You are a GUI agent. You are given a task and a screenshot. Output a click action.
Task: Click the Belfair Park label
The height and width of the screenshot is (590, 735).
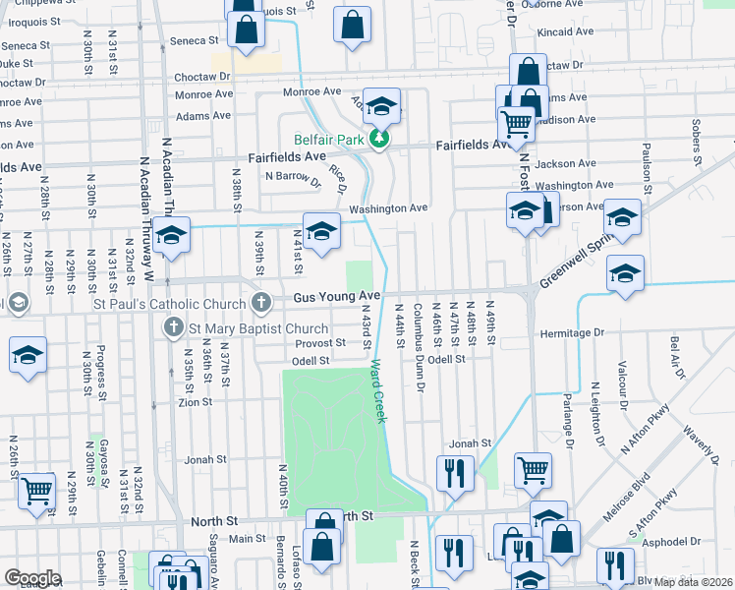pyautogui.click(x=329, y=141)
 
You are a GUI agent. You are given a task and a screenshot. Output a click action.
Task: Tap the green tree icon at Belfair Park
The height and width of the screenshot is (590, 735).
pyautogui.click(x=378, y=141)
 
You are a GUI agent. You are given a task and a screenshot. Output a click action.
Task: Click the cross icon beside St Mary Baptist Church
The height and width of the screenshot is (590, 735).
pyautogui.click(x=174, y=327)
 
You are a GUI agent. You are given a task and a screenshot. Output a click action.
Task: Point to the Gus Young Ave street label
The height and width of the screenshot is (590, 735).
pyautogui.click(x=334, y=296)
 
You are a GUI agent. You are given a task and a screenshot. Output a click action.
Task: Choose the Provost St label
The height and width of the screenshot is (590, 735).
pyautogui.click(x=320, y=343)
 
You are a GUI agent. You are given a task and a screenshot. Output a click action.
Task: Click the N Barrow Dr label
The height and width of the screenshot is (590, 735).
pyautogui.click(x=293, y=177)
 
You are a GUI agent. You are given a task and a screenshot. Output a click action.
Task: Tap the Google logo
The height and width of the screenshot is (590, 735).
pyautogui.click(x=32, y=578)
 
